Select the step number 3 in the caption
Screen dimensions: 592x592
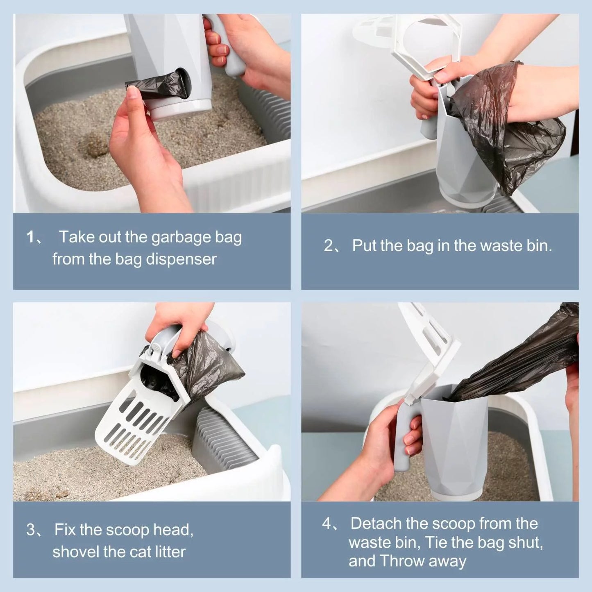pos(31,530)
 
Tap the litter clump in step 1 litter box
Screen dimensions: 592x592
pos(92,146)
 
